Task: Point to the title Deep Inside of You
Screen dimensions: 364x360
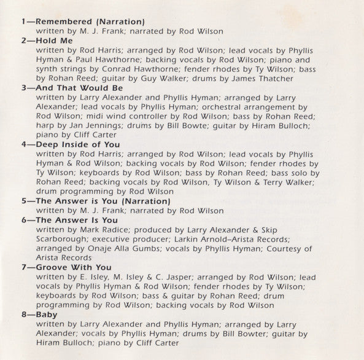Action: pyautogui.click(x=79, y=144)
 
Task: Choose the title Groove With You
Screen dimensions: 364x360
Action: pyautogui.click(x=74, y=267)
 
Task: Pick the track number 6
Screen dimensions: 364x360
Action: pyautogui.click(x=23, y=220)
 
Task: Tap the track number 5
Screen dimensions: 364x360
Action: pyautogui.click(x=23, y=201)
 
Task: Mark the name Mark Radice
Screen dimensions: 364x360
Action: pyautogui.click(x=107, y=230)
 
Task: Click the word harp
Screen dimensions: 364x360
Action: pyautogui.click(x=45, y=126)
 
